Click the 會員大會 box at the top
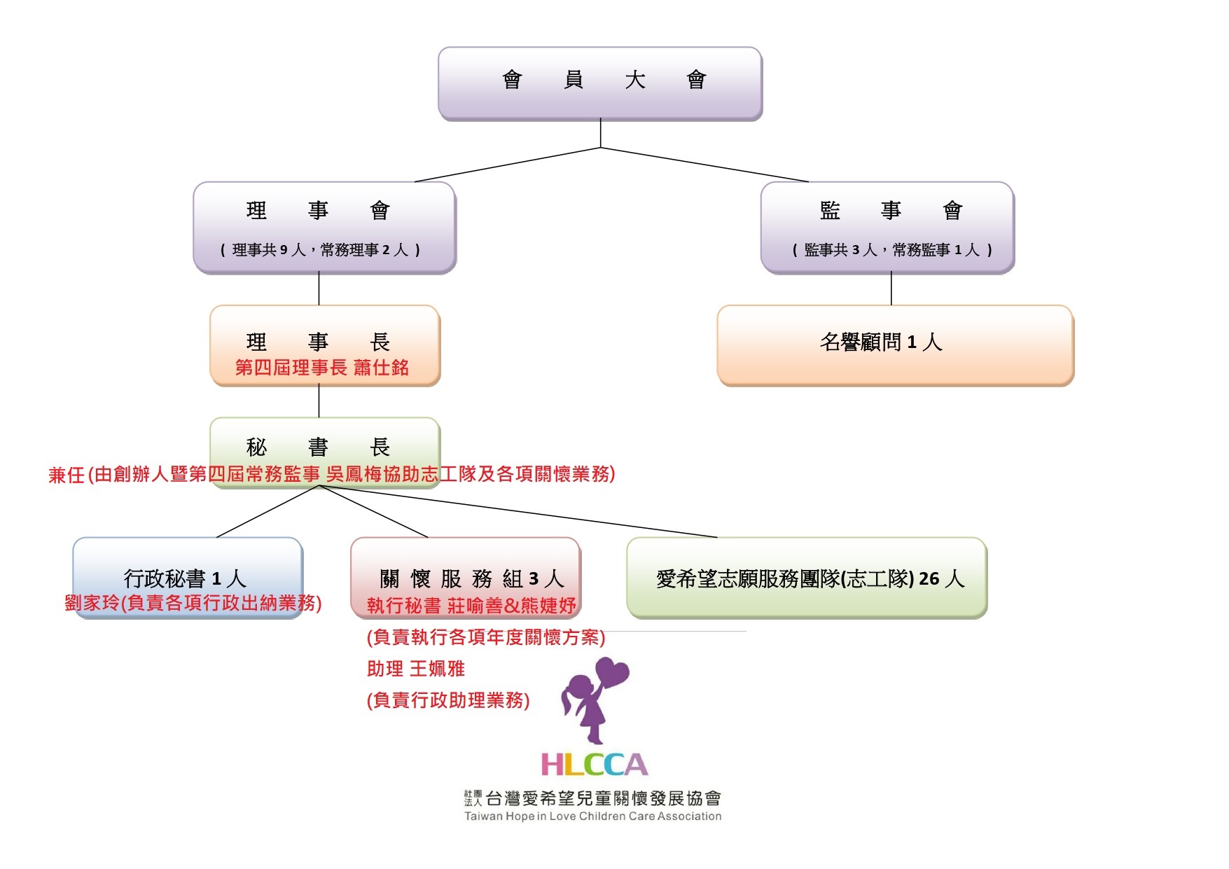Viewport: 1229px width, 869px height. (x=599, y=83)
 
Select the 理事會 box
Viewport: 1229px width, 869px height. (x=324, y=226)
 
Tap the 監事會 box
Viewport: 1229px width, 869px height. (x=887, y=226)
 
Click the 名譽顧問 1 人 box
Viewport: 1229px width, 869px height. (x=894, y=345)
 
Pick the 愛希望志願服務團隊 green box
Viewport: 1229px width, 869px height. (x=806, y=578)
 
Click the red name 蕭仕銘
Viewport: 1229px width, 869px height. (x=381, y=368)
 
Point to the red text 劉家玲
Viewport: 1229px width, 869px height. (x=91, y=604)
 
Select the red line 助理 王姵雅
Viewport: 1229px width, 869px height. (x=415, y=669)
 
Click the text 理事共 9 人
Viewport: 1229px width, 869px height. (x=270, y=250)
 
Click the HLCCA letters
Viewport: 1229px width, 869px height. (x=594, y=765)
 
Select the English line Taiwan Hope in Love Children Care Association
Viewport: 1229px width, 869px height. (x=592, y=816)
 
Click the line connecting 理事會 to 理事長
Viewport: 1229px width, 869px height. (x=319, y=288)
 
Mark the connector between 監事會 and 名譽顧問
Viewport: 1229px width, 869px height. (x=891, y=288)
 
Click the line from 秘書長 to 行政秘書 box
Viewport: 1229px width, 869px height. (x=268, y=511)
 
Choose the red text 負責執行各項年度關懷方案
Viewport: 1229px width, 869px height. (x=485, y=637)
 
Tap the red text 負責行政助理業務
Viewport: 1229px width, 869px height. (x=448, y=700)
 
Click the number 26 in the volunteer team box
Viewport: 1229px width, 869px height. (x=929, y=578)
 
